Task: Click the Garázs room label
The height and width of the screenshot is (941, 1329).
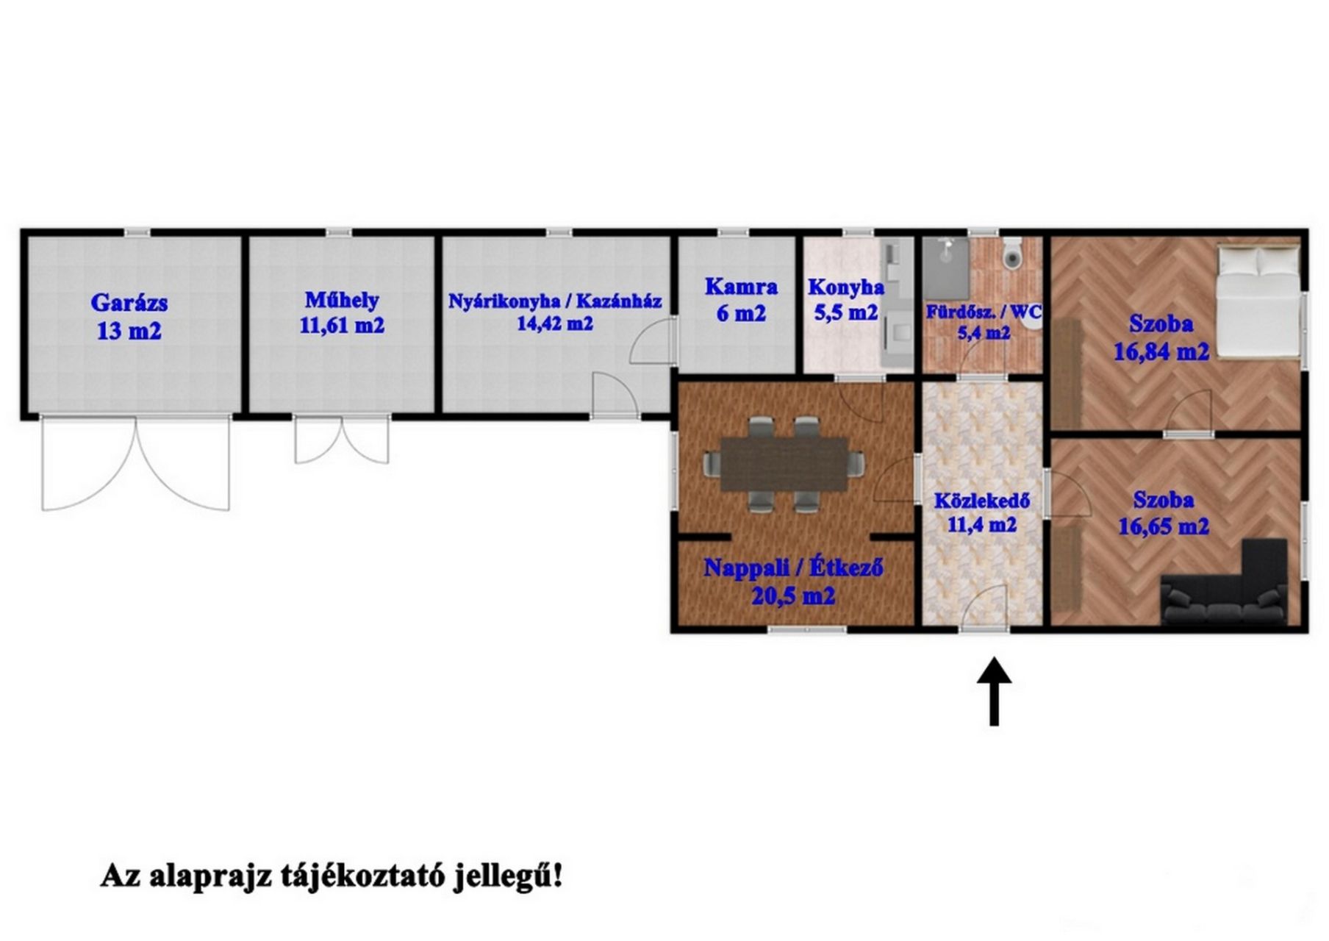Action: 129,302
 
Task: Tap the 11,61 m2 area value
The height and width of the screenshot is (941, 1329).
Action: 342,325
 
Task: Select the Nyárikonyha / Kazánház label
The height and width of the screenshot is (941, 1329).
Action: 555,301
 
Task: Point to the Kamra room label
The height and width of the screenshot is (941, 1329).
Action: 741,286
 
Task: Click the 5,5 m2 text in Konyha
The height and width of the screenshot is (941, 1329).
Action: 846,312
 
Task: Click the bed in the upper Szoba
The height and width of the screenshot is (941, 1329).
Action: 1258,301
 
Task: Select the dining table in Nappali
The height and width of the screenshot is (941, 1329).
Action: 784,464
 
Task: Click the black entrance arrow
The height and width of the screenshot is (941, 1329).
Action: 995,692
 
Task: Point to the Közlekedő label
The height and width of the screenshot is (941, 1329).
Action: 982,501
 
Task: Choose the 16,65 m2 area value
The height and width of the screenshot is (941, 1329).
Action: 1164,526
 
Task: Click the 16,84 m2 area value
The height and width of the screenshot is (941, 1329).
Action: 1161,351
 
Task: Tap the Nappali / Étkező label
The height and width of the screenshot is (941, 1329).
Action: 793,568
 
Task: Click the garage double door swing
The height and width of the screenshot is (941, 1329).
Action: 136,464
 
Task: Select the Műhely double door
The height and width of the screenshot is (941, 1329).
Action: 342,440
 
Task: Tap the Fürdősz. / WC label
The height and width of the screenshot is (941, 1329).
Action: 984,312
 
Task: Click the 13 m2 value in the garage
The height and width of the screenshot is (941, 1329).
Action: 129,331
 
